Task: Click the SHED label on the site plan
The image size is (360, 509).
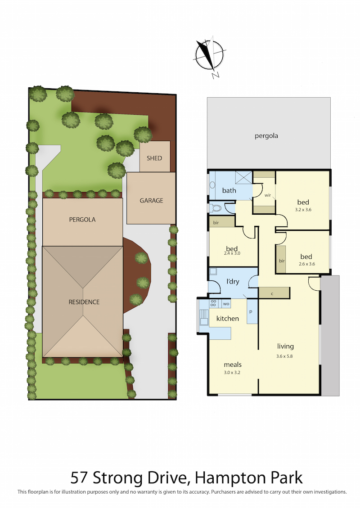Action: point(154,158)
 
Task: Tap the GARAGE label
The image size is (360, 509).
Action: point(151,201)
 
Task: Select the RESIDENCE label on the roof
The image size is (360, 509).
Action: point(84,302)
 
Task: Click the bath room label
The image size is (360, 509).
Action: point(229,190)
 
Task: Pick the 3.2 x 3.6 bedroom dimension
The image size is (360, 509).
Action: point(303,210)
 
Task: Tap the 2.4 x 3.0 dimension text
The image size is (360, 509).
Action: point(232,253)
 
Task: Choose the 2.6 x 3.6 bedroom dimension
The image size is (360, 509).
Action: point(307,264)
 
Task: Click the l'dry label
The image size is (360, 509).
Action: point(233,281)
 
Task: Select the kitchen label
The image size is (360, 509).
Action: point(228,319)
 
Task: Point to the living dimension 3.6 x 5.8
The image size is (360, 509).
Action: point(285,356)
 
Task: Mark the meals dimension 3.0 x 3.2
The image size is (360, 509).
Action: point(232,372)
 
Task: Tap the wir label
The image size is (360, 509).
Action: point(268,195)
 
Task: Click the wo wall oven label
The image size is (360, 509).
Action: point(226,304)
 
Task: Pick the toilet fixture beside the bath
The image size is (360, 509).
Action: point(216,208)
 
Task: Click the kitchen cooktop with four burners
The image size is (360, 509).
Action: point(213,303)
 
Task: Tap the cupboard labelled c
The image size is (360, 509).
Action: point(274,293)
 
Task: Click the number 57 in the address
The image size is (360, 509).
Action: point(80,478)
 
